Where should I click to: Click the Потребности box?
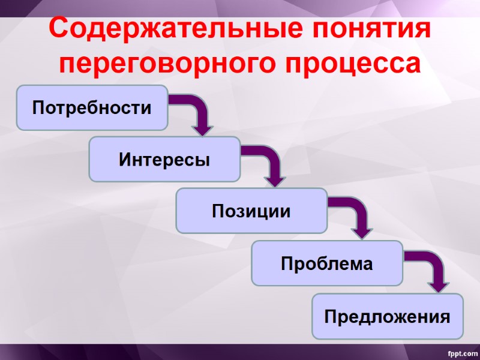coord(92,108)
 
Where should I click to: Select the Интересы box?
coord(164,160)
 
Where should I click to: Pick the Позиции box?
coord(251,211)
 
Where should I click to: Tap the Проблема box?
coord(326,263)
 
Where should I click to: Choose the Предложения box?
coord(387,316)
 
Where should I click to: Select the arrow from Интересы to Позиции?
coord(270,161)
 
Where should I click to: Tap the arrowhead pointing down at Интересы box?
coord(203,128)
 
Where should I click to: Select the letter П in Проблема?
coord(287,263)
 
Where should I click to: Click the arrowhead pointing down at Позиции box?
coord(276,179)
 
